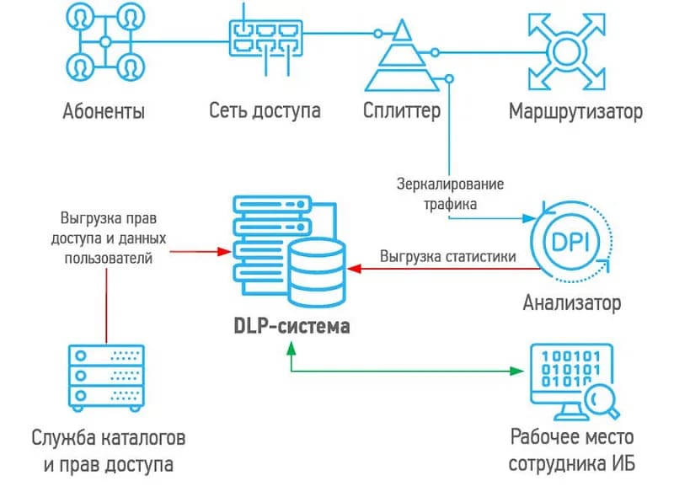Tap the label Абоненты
[103, 111]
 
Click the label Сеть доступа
[265, 111]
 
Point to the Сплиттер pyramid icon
[402, 59]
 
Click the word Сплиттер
[402, 111]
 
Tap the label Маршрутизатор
[575, 111]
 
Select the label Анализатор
[572, 302]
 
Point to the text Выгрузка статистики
[447, 255]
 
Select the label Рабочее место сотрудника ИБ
[570, 451]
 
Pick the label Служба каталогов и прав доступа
[106, 451]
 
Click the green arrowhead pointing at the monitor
[516, 371]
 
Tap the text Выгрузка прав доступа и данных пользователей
[107, 238]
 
